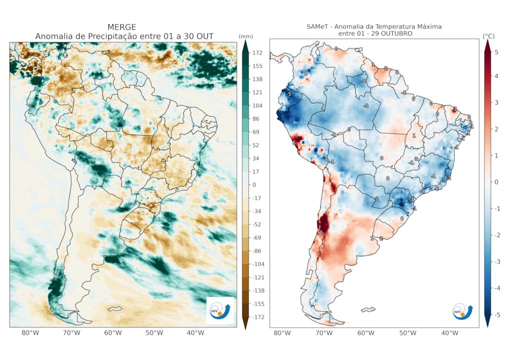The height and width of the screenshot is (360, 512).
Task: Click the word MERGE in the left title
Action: point(122,27)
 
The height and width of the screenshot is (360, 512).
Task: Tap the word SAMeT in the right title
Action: point(318,26)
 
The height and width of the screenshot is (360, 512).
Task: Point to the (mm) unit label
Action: point(245,36)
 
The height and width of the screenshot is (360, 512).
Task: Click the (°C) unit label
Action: point(488,36)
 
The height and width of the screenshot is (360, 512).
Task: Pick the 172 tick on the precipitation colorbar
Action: point(258,52)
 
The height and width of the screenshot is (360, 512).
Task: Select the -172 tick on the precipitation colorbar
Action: point(259,317)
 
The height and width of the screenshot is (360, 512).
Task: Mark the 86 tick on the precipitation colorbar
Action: point(257,119)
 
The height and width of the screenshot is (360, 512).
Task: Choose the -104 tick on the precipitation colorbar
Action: point(259,264)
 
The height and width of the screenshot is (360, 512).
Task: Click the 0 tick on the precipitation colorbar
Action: point(255,185)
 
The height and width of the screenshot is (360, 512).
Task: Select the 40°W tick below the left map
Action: point(195,333)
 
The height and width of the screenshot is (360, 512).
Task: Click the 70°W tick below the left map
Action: point(71,333)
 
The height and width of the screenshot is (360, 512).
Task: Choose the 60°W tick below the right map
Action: point(366,333)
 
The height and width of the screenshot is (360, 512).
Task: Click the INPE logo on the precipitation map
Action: point(220,310)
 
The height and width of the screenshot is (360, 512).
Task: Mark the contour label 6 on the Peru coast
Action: point(294,143)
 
